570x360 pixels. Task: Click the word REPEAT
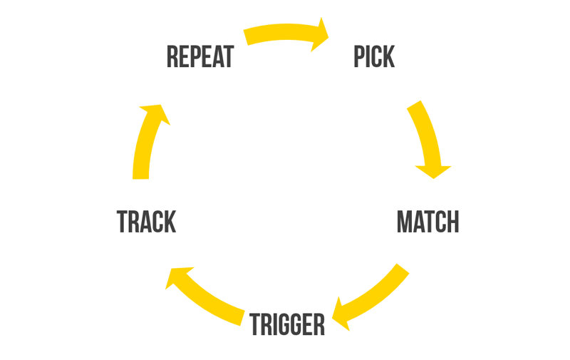click(200, 58)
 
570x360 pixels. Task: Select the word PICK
click(373, 58)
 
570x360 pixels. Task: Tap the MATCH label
click(427, 223)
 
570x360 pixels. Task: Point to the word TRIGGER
click(287, 325)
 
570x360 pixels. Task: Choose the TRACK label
click(146, 223)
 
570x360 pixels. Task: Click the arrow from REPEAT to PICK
click(281, 34)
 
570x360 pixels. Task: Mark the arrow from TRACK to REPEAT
click(146, 143)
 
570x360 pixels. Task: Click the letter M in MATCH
click(405, 223)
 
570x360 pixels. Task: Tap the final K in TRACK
click(169, 223)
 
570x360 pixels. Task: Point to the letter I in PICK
click(368, 58)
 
